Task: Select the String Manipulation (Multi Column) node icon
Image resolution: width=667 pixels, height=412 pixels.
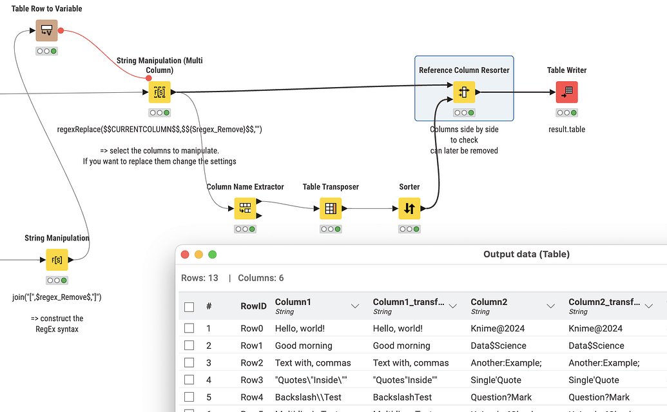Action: [x=159, y=92]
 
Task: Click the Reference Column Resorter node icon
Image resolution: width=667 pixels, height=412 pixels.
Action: [x=464, y=92]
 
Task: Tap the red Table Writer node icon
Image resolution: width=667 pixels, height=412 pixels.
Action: [x=566, y=92]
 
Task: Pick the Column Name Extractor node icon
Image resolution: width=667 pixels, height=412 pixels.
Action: [x=245, y=208]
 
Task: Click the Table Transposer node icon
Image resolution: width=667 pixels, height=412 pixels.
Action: [x=331, y=208]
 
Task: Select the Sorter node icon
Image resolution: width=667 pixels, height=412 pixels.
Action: [x=409, y=208]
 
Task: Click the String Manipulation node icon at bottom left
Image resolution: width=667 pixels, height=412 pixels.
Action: [x=57, y=260]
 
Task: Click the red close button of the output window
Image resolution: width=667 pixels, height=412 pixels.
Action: [x=185, y=255]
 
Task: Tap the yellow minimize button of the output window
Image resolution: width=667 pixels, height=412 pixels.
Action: [x=198, y=255]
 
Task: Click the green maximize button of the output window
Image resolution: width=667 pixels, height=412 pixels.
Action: [x=212, y=255]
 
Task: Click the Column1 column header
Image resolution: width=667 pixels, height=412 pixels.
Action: [x=293, y=302]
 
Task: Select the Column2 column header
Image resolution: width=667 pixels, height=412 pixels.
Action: [x=489, y=302]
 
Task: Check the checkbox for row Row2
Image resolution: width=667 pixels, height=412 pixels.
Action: [x=189, y=363]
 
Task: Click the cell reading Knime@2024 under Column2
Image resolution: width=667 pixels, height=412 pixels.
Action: [x=496, y=329]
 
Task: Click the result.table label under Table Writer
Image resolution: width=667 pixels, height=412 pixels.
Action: [x=566, y=130]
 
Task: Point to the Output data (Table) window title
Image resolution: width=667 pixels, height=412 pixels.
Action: [x=526, y=255]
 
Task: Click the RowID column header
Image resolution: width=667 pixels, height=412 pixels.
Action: [x=253, y=307]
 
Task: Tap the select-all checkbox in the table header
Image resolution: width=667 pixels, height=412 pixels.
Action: [x=189, y=308]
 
